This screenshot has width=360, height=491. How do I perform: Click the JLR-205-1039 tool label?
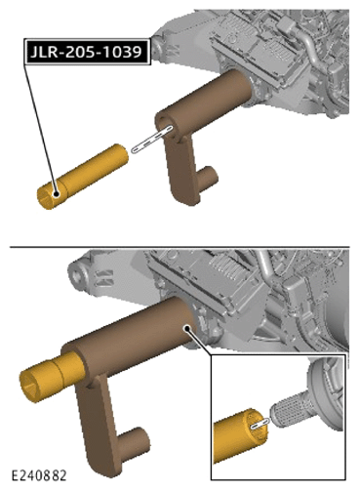point(87,52)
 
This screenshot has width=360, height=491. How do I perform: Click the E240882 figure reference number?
point(39,475)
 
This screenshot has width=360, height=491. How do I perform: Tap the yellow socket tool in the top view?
point(83,176)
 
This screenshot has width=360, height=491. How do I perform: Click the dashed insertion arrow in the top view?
point(152,139)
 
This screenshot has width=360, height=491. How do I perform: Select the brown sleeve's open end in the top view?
point(166,125)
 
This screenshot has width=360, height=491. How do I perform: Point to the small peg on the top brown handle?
point(207,178)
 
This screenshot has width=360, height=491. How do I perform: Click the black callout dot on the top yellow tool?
point(57,194)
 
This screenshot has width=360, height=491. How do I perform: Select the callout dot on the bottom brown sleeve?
point(186,328)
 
